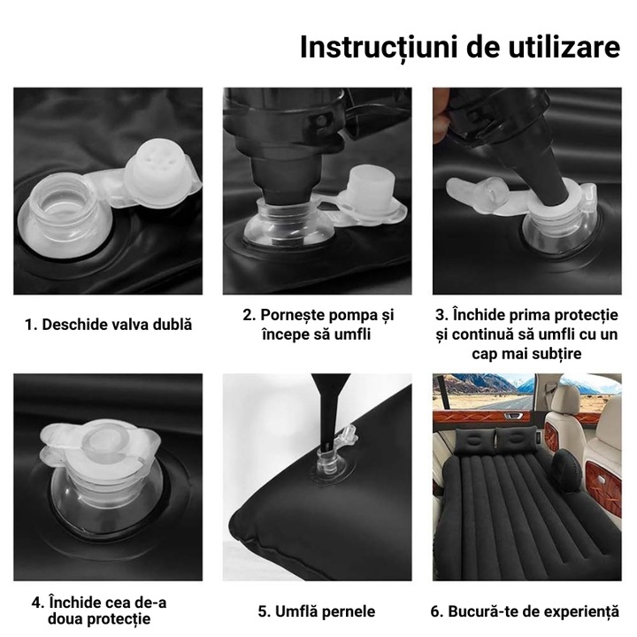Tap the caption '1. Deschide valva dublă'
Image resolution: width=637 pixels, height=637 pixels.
pos(107,325)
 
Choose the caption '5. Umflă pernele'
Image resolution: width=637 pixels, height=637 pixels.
pos(317,611)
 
